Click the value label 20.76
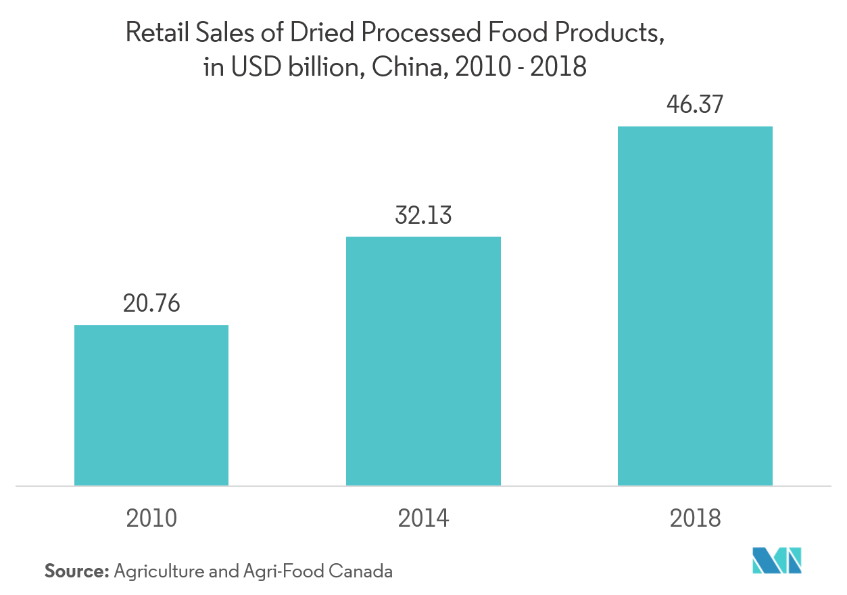click(151, 304)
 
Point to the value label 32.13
click(423, 215)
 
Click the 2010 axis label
click(151, 518)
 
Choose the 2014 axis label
click(423, 518)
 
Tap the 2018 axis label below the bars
click(695, 518)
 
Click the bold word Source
click(76, 571)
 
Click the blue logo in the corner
click(777, 561)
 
